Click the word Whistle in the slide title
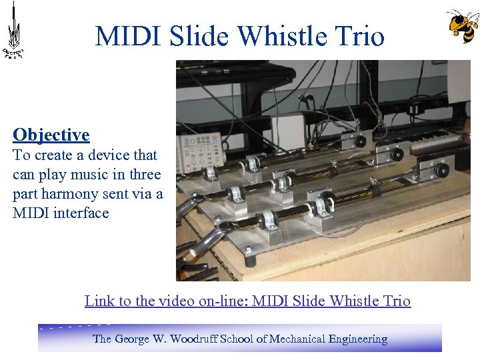point(270,36)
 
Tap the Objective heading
point(51,135)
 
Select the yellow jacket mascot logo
point(462,27)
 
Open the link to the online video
point(247,301)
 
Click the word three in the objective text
point(145,175)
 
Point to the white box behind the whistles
point(287,132)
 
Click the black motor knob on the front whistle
point(329,203)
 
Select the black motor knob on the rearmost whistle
point(361,141)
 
